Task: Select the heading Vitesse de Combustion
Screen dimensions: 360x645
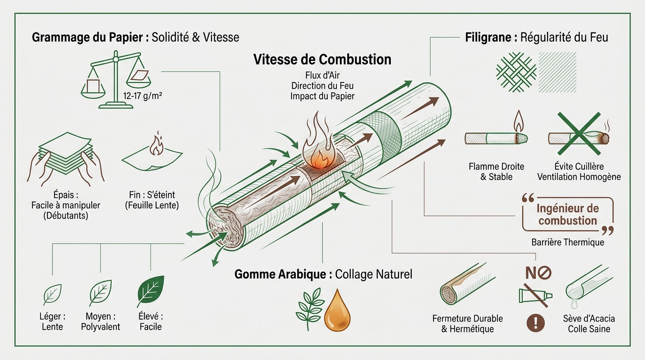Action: tap(322, 60)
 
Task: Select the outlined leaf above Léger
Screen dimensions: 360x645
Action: tap(52, 295)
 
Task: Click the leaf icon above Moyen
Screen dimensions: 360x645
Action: tap(100, 293)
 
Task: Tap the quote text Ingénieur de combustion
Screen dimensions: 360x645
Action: tap(567, 215)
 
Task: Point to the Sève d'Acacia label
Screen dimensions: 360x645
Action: tap(589, 319)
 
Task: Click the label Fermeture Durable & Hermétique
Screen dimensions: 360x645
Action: tap(467, 324)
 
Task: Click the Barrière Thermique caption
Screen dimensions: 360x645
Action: tap(567, 242)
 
